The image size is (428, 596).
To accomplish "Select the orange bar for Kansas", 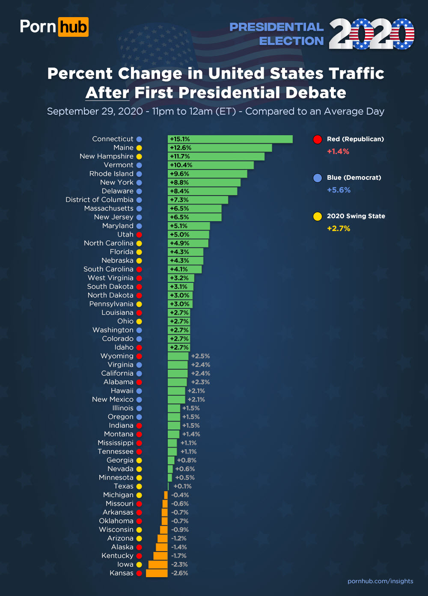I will (157, 573).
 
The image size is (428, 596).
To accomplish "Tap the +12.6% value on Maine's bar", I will (181, 148).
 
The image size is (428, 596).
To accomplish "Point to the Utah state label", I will (125, 234).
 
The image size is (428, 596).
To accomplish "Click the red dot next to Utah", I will (139, 234).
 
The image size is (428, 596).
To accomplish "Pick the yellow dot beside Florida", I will (139, 252).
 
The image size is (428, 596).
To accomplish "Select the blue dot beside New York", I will (139, 183).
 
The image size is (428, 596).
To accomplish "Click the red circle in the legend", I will (318, 139).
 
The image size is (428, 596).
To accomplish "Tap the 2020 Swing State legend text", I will (356, 216).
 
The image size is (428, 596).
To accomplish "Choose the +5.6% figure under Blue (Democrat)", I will (339, 190).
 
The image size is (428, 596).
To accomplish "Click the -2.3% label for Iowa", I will (179, 564).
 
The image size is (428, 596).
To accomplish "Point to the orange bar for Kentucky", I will (160, 556).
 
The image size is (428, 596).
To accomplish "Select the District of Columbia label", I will (99, 200).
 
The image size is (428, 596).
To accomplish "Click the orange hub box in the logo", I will (73, 27).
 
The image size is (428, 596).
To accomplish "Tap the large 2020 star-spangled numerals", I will (371, 34).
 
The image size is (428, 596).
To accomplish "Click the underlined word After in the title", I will (107, 93).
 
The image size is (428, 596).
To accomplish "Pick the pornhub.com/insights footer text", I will (380, 581).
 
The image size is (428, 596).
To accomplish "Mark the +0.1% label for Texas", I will (182, 486).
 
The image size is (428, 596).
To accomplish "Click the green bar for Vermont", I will (211, 165).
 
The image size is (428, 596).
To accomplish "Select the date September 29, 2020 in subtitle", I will (95, 111).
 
